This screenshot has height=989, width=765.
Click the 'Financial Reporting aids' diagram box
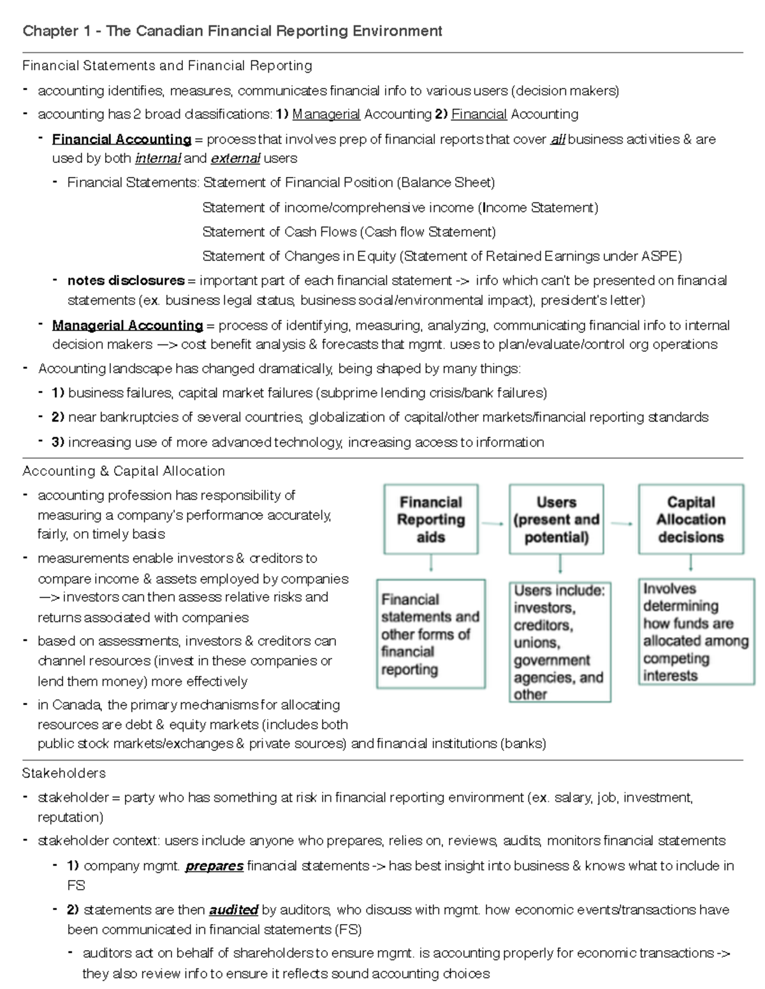click(431, 519)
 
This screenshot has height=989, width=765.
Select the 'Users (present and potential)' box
click(556, 519)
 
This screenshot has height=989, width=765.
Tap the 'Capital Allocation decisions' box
click(691, 519)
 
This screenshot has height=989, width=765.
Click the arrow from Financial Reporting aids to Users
click(493, 523)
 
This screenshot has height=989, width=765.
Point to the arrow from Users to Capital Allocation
click(622, 523)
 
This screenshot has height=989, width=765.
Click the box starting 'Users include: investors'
click(558, 641)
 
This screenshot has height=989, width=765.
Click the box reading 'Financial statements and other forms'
click(430, 634)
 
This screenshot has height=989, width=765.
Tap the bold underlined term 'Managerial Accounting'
click(127, 325)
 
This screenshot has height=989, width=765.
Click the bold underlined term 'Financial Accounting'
click(122, 139)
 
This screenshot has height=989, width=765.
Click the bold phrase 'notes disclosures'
click(126, 280)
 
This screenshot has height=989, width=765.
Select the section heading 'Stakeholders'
click(64, 773)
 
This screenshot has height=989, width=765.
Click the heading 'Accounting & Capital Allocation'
click(124, 471)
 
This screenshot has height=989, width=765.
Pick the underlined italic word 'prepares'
click(214, 865)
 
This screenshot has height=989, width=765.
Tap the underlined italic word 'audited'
click(233, 909)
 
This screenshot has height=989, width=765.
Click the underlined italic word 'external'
click(235, 158)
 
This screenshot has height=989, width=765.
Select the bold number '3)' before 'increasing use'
click(58, 442)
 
